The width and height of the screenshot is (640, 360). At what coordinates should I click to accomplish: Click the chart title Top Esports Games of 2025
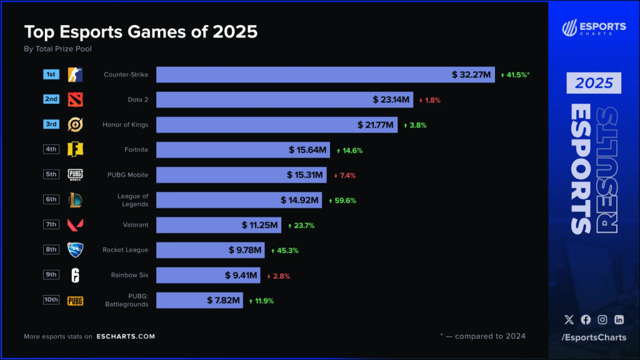tap(141, 32)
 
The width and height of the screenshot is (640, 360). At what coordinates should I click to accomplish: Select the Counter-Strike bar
tap(325, 74)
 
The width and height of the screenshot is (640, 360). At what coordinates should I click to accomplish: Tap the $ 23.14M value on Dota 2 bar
tap(391, 99)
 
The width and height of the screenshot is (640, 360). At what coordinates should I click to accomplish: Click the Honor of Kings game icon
tap(75, 124)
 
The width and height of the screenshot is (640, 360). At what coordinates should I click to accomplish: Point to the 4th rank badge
tap(51, 149)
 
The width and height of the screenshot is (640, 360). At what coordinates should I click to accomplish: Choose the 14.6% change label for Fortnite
tap(349, 150)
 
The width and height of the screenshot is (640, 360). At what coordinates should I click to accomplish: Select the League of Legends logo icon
tap(75, 200)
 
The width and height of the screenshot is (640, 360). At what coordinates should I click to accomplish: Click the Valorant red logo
tap(75, 225)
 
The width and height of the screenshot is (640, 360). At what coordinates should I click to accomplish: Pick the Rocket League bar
tap(210, 250)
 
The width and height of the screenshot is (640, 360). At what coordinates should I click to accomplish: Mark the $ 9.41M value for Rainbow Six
tap(241, 275)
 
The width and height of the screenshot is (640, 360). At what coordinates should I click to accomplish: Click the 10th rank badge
tap(51, 299)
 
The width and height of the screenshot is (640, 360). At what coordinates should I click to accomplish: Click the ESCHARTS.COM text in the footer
tap(126, 336)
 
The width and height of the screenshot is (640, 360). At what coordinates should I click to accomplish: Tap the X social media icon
tap(569, 319)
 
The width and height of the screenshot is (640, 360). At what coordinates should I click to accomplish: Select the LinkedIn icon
tap(619, 319)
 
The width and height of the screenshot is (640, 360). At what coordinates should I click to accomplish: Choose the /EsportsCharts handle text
tap(594, 337)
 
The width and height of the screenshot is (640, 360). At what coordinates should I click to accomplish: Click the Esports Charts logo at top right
tap(594, 28)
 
